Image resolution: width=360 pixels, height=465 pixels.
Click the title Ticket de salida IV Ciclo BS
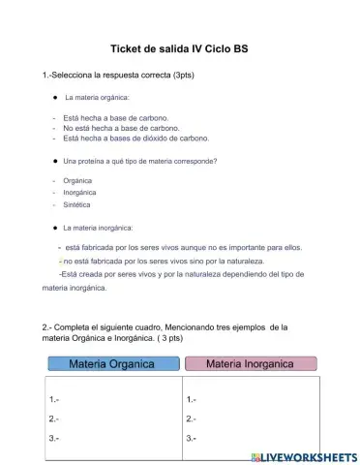point(179,48)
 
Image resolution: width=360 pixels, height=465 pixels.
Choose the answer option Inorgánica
point(80,192)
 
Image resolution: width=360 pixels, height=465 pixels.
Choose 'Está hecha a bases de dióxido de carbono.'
point(135,139)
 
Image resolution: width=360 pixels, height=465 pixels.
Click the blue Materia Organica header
point(111,364)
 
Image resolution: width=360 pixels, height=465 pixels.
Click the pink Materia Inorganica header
point(250,364)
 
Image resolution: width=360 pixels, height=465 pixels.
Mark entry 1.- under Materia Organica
point(54,399)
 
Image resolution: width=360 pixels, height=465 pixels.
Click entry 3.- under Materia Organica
point(54,438)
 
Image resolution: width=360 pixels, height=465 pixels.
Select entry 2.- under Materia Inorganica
point(191,418)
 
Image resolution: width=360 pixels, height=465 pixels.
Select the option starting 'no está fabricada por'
point(166,261)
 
